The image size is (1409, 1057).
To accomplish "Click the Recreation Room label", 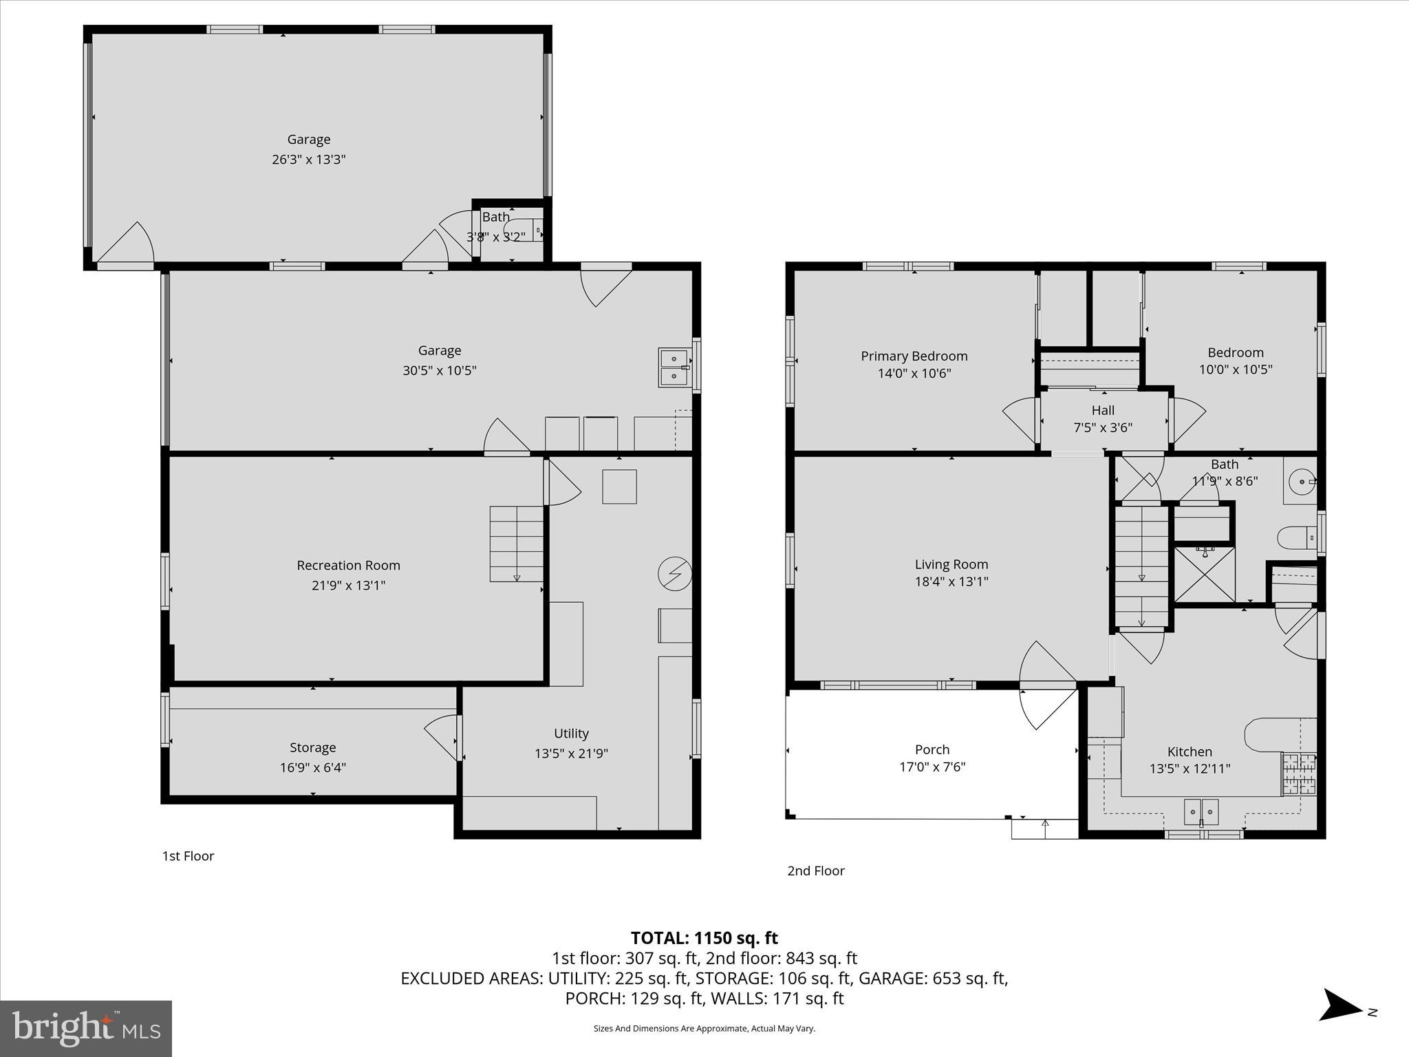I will pos(348,565).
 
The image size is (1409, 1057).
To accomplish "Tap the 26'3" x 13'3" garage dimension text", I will pos(308,159).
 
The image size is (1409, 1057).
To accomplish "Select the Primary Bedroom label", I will pos(914,356).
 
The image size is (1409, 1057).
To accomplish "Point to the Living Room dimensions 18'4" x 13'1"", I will pos(951,581).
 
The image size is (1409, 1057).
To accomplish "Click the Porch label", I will pos(932,749).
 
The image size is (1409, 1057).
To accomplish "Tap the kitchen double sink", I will pos(1201,811).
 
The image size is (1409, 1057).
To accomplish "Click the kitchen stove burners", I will pos(1299,774).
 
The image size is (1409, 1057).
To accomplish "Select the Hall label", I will pos(1103,410).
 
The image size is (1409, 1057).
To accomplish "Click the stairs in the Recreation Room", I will pos(517,544).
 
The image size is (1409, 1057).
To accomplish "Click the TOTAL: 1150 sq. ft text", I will pos(704,938).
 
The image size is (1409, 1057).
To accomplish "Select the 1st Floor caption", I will pos(188,856).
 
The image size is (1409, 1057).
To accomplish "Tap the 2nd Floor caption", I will pos(815,871).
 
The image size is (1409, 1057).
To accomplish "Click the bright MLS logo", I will pos(86,1029).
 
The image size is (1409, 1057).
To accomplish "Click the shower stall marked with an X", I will pos(1204,575).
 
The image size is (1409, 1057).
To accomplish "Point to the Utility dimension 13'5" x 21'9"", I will pos(571,754).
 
